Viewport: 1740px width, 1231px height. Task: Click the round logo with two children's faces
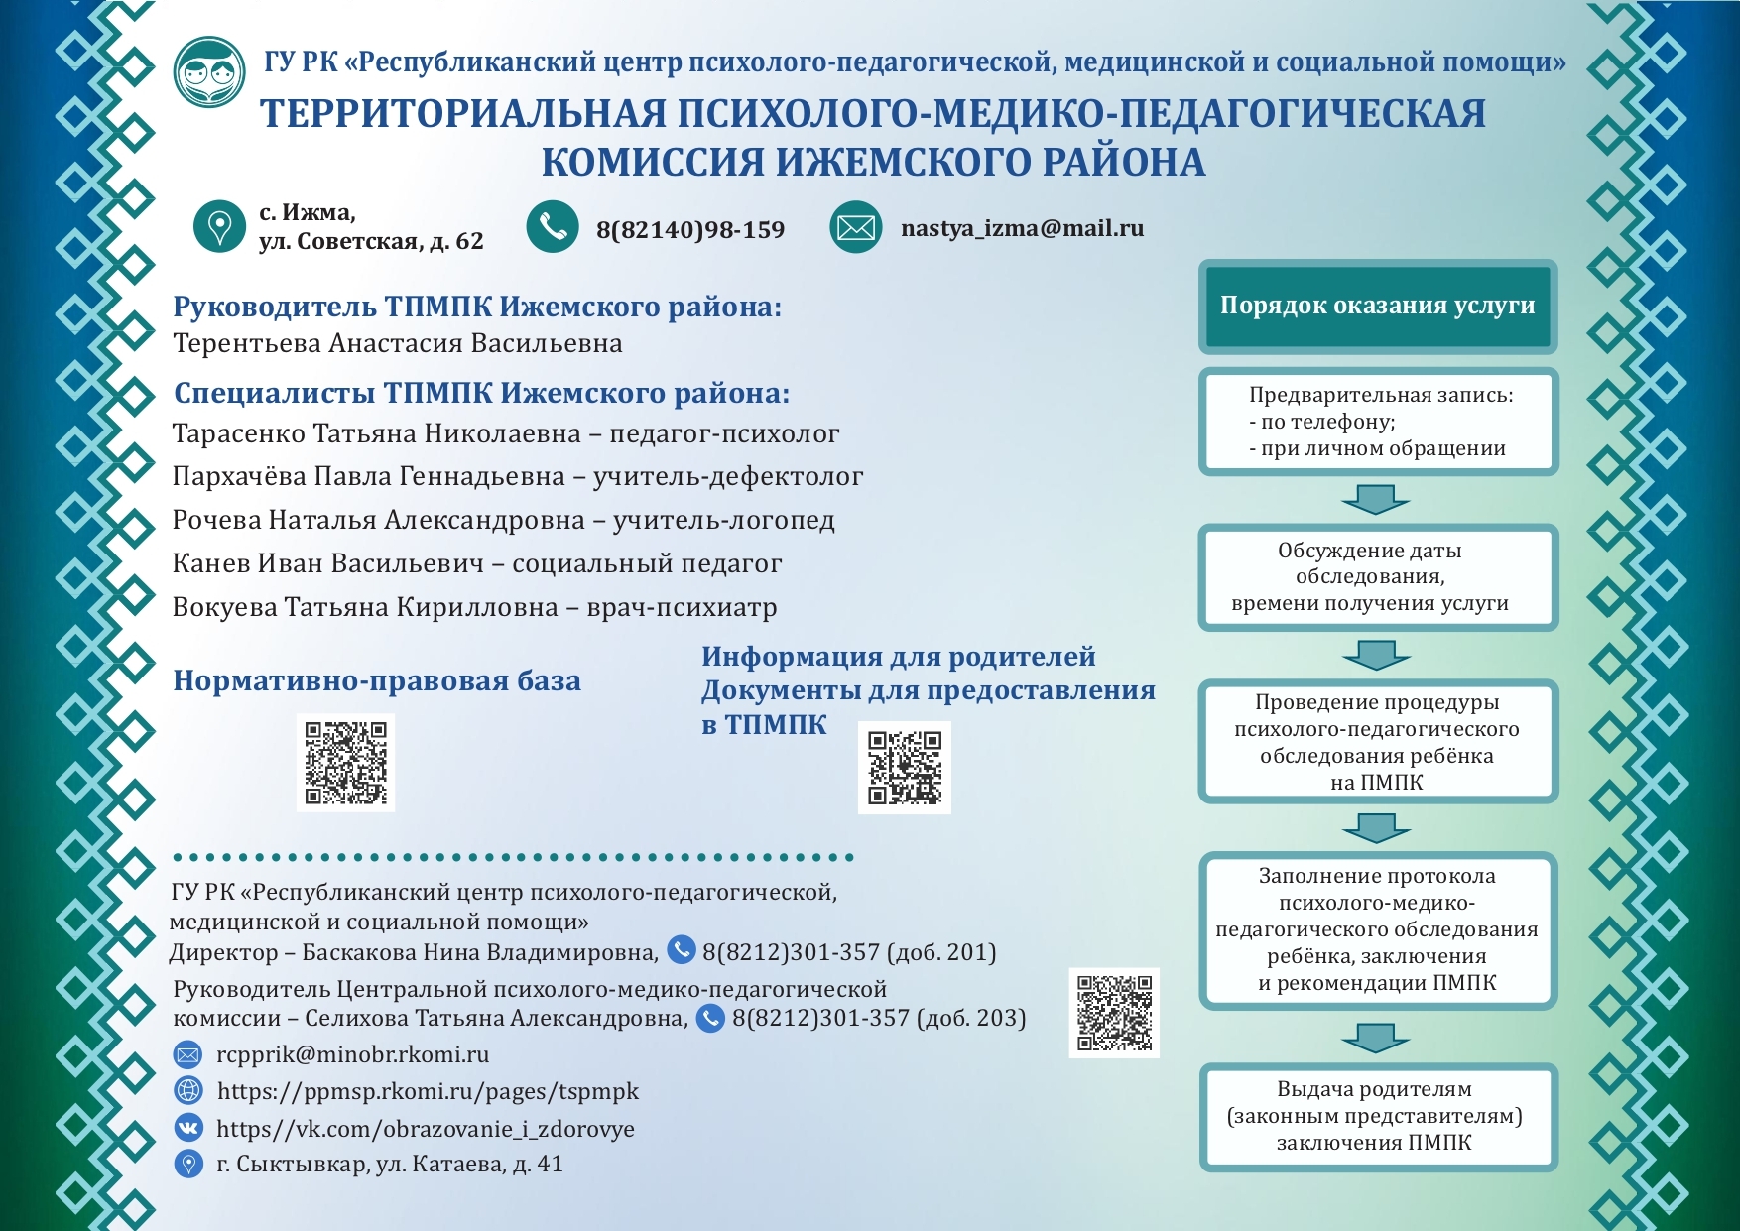[x=209, y=71]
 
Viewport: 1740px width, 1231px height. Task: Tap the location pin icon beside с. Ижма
[x=219, y=226]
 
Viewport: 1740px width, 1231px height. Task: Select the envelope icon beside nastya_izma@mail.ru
[x=855, y=228]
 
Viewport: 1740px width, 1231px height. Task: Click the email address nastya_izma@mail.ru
[x=1022, y=228]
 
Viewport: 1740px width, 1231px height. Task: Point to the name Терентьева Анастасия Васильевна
[x=398, y=343]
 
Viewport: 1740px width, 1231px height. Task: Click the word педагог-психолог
[x=724, y=433]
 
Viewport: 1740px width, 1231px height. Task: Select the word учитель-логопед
[x=723, y=520]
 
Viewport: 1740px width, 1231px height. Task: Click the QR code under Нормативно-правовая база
[x=345, y=762]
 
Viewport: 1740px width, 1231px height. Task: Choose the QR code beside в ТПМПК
[x=904, y=767]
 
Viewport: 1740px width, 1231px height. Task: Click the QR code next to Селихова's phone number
[x=1114, y=1013]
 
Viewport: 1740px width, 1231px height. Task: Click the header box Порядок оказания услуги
[x=1377, y=306]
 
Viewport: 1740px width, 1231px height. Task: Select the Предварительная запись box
[x=1378, y=422]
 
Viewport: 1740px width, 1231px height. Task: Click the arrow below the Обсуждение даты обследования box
[x=1376, y=654]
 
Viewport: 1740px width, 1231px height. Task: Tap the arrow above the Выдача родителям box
[x=1375, y=1038]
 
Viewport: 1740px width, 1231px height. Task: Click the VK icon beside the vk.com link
[x=188, y=1127]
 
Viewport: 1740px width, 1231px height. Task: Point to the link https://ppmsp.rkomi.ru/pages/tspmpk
[x=428, y=1091]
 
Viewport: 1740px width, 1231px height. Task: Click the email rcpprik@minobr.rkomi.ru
[x=352, y=1054]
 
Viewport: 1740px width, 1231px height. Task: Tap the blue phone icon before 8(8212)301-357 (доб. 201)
[x=682, y=950]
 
